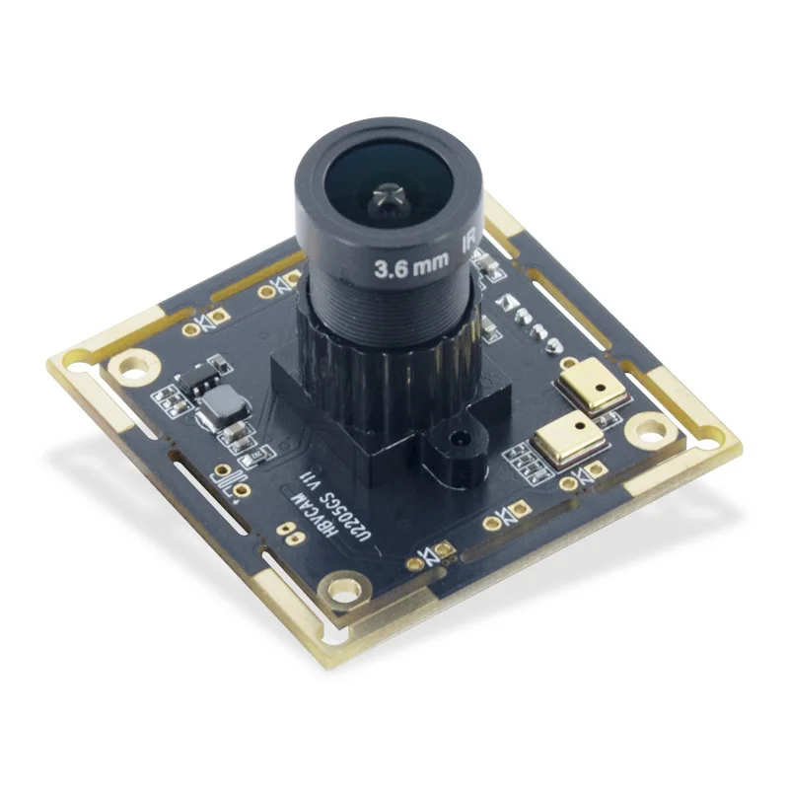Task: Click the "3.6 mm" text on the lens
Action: click(408, 265)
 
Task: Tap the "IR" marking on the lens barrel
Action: click(466, 244)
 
